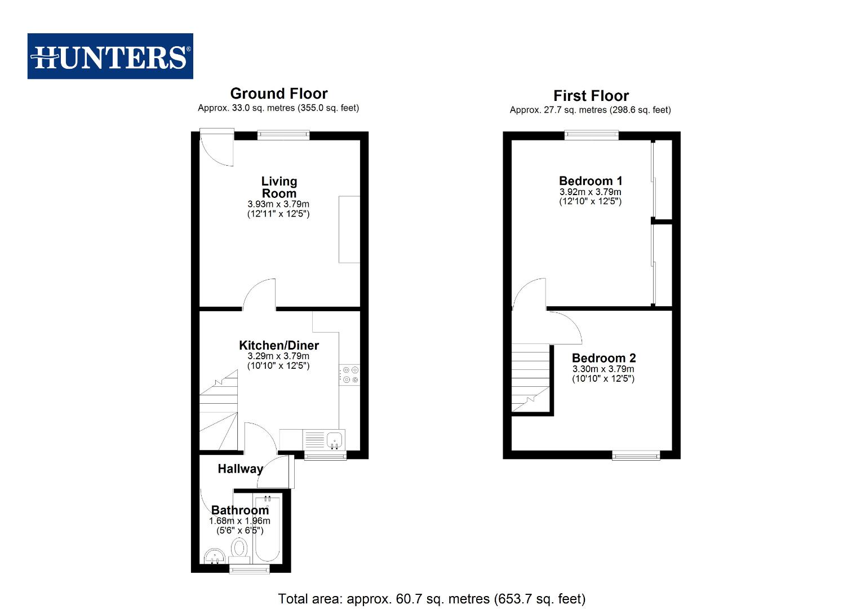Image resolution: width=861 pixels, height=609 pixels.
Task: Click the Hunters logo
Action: [x=110, y=56]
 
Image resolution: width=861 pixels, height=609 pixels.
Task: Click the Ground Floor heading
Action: [x=278, y=94]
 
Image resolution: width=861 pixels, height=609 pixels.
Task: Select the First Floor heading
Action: [x=591, y=96]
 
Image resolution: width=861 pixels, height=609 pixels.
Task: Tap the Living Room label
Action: [x=279, y=187]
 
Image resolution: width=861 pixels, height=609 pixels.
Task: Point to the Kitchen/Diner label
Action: [x=279, y=345]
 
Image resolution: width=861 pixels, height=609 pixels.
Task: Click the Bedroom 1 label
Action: [x=591, y=181]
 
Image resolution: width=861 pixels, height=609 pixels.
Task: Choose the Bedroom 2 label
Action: [x=603, y=358]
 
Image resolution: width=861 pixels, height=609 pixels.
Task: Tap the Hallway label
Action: [x=241, y=469]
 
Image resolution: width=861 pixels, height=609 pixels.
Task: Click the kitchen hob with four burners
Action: [x=349, y=375]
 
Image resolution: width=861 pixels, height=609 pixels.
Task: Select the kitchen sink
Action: [x=335, y=439]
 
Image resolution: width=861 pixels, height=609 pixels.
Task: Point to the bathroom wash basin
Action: [x=214, y=557]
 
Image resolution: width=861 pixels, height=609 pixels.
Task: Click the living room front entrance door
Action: [x=218, y=147]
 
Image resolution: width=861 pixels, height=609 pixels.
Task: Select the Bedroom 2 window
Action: [x=636, y=455]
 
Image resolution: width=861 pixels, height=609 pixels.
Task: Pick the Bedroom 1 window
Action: [x=592, y=135]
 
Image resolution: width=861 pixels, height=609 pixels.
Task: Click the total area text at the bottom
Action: [x=432, y=599]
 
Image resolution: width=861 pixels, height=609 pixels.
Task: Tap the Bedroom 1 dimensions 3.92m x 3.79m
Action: [x=591, y=192]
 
